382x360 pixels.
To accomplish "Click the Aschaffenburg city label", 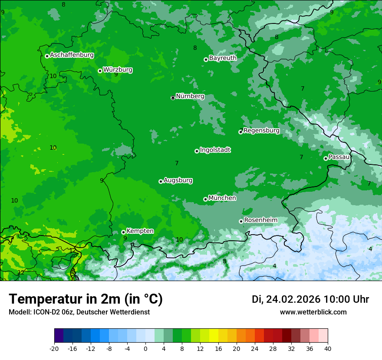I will tap(72, 55).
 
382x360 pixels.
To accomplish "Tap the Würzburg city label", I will tap(118, 70).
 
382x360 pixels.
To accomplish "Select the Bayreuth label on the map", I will tap(223, 58).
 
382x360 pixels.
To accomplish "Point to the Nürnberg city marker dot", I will tap(173, 98).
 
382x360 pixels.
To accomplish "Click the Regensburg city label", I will tap(261, 131).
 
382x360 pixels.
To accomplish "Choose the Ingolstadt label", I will tap(215, 150).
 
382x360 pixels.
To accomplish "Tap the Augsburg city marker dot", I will tap(161, 181).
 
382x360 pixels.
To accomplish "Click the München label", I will tap(222, 198).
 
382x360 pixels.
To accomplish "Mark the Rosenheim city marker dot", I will tap(241, 221).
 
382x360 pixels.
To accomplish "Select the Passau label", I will tap(339, 157).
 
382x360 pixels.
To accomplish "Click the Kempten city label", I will tap(140, 231).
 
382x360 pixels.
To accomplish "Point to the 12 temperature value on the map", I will tap(21, 272).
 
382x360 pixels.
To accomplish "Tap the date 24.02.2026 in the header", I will tap(293, 299).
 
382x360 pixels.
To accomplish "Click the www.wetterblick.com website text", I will tap(313, 312).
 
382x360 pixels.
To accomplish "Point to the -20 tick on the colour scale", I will tap(54, 348).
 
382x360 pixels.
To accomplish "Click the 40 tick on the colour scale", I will tap(328, 348).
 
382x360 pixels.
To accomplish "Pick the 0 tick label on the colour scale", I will tap(145, 348).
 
